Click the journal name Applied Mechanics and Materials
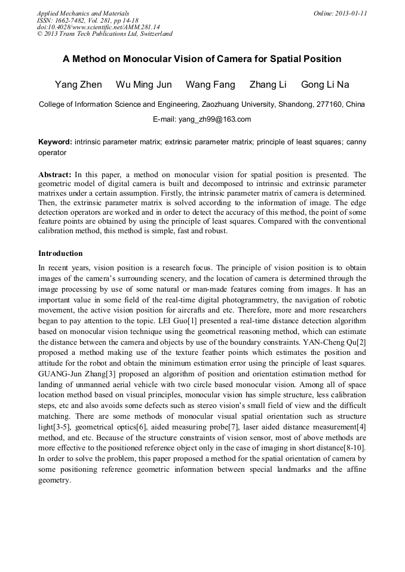[82, 13]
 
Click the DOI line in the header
[98, 27]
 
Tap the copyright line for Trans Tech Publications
[105, 34]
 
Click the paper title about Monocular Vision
[202, 59]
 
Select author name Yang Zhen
[78, 85]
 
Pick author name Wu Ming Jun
[143, 85]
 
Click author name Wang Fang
[210, 85]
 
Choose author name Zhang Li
[268, 85]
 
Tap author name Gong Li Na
[325, 85]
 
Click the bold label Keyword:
[56, 142]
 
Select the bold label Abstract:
[55, 175]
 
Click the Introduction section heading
[60, 253]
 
